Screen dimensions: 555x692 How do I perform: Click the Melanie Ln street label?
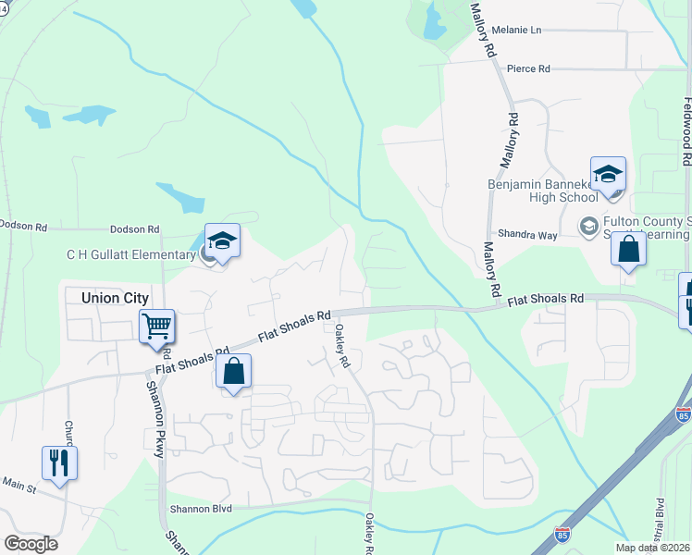[x=516, y=30]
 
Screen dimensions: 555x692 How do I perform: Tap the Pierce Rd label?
[x=528, y=68]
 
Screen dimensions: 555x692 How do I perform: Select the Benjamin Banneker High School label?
[x=543, y=191]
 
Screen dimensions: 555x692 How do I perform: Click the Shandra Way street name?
[x=528, y=235]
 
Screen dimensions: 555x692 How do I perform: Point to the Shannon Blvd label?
[x=202, y=509]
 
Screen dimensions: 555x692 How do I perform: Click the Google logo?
[x=31, y=544]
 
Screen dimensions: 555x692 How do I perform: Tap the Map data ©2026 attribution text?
[x=653, y=548]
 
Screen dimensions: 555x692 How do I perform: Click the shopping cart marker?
[x=156, y=327]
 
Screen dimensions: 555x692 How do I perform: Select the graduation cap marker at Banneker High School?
[x=608, y=175]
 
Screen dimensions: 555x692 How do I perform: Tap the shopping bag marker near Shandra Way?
[x=628, y=249]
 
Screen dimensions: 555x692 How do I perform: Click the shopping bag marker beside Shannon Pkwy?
[x=234, y=372]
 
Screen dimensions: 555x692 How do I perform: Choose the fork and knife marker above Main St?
[x=59, y=462]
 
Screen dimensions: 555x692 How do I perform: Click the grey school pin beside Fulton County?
[x=587, y=226]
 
